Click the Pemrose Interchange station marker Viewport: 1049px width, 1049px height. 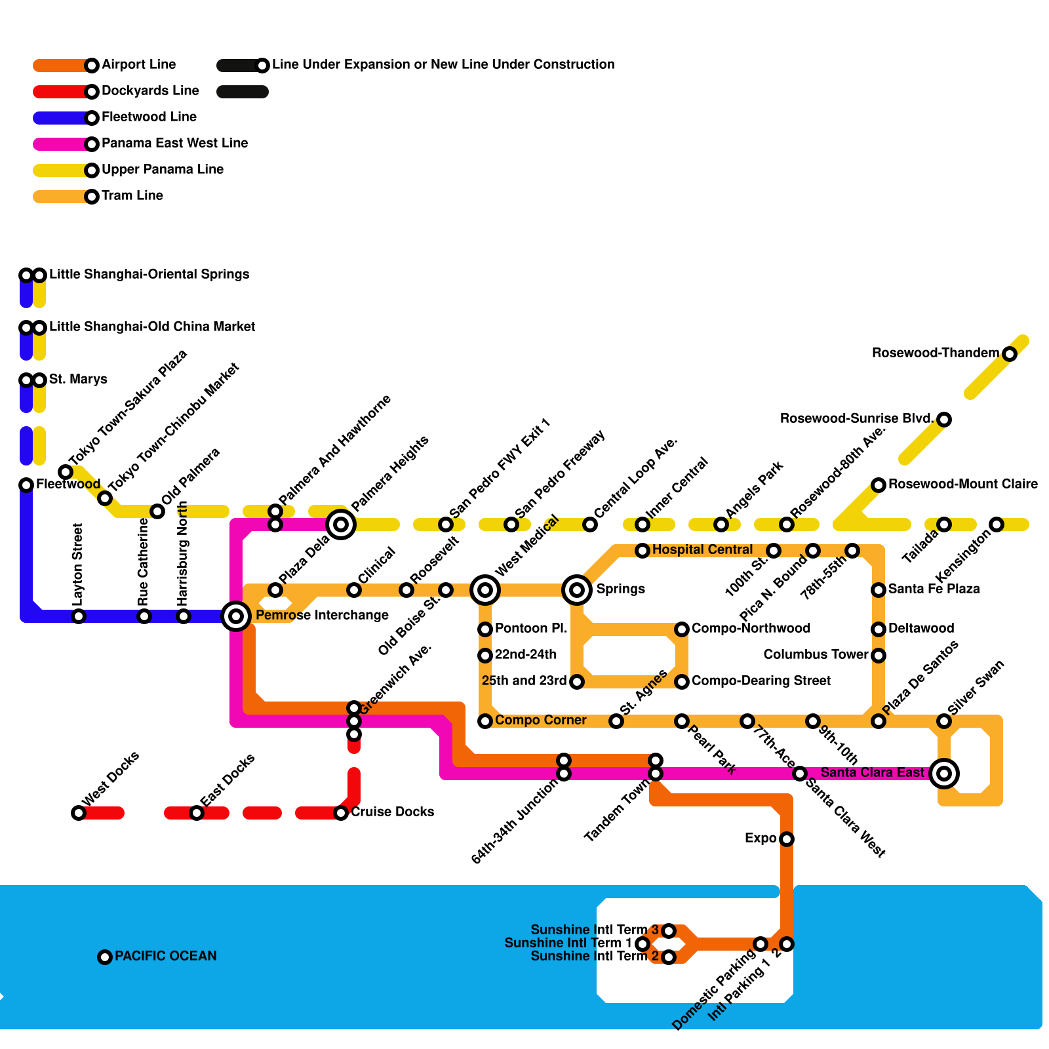click(236, 616)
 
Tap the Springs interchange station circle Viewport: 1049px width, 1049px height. click(577, 589)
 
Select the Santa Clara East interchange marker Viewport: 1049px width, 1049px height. click(944, 773)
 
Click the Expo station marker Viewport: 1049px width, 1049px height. click(787, 839)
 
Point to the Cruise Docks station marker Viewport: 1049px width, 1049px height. click(341, 813)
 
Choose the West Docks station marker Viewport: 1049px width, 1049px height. click(79, 813)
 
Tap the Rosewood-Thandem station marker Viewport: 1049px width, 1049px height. click(1010, 354)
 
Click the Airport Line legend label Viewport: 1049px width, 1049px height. click(138, 64)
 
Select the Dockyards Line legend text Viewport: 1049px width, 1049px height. click(150, 90)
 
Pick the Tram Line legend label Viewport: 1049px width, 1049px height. click(132, 195)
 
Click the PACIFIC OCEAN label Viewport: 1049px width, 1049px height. click(165, 956)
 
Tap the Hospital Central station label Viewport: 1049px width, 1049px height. click(702, 549)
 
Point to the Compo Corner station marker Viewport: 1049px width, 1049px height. click(485, 721)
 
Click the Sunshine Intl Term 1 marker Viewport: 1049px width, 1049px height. click(643, 943)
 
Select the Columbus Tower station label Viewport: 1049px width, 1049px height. click(816, 654)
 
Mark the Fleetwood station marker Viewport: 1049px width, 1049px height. click(26, 485)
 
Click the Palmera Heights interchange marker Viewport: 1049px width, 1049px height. click(341, 524)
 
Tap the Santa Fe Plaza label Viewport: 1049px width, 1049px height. click(934, 589)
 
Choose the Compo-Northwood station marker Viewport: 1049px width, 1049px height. click(682, 629)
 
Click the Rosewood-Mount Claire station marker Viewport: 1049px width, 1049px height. click(879, 485)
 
